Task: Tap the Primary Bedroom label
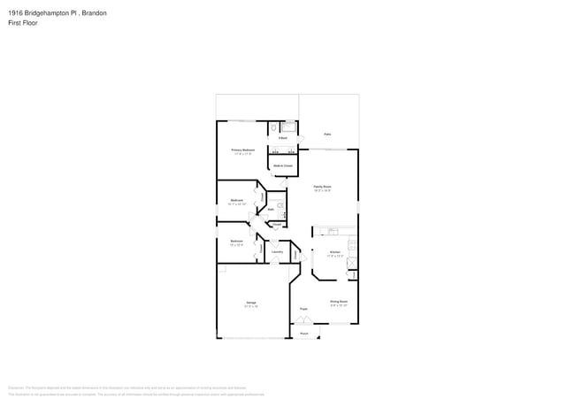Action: (243, 150)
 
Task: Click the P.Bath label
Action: (282, 138)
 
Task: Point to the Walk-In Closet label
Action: (282, 165)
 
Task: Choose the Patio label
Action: (327, 134)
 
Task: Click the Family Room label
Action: (322, 187)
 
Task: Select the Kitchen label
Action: (334, 252)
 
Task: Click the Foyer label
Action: (303, 309)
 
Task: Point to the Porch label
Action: (303, 334)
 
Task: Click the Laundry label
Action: (277, 252)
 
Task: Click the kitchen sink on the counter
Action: (333, 232)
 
